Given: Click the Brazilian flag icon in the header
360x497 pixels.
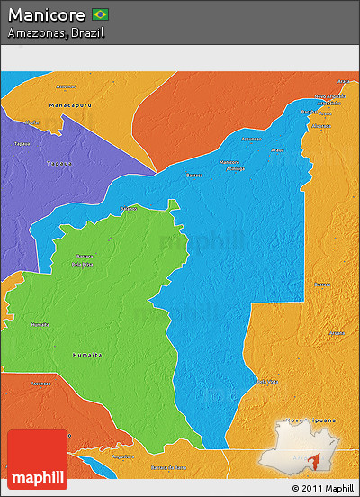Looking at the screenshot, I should point(100,14).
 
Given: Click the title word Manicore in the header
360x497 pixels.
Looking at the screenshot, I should point(47,14).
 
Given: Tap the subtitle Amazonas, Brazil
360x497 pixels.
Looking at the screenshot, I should point(56,32).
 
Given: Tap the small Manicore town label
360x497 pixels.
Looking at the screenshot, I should point(229,162).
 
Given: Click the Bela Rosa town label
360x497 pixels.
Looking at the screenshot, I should point(83,265).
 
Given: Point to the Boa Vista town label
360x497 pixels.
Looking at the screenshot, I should point(267,382).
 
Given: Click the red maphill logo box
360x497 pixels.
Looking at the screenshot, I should point(37,459).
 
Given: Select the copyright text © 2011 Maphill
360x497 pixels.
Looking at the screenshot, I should point(322,488).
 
